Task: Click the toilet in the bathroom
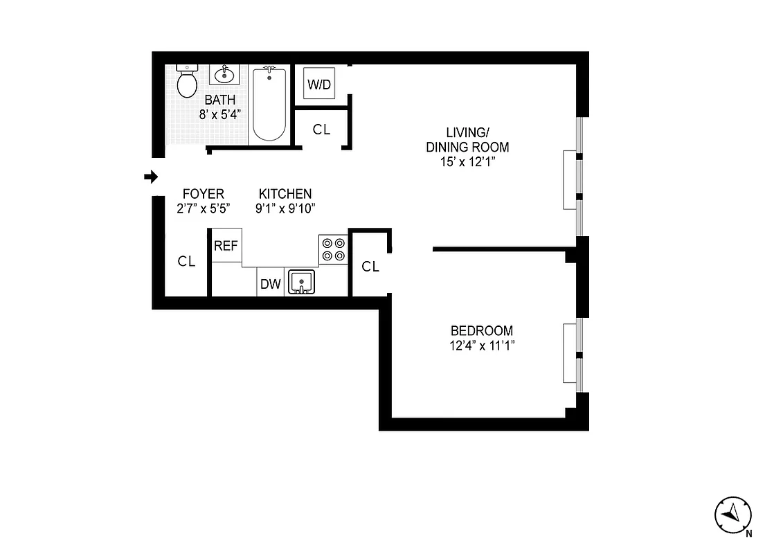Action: point(186,81)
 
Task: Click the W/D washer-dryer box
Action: point(319,84)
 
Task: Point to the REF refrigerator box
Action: point(226,245)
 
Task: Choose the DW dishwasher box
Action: point(270,283)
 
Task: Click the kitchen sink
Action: point(301,281)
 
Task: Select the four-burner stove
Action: point(333,250)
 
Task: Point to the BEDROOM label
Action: point(482,331)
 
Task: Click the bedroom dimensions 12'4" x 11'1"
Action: point(482,345)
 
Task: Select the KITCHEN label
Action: point(285,194)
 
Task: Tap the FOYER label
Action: point(203,194)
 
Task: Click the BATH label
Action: point(220,100)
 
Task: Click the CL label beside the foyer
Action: point(186,261)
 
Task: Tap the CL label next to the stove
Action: point(371,267)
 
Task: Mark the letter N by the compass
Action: point(749,533)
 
